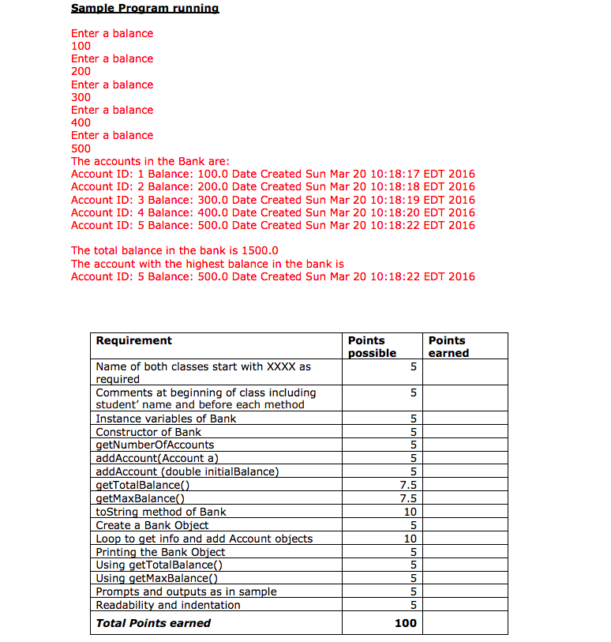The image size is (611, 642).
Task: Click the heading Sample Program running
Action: (145, 8)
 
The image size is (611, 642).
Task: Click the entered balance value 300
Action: (81, 97)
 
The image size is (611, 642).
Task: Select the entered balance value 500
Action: (81, 148)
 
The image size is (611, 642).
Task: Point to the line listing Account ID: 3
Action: (272, 200)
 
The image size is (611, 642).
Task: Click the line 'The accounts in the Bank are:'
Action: (150, 161)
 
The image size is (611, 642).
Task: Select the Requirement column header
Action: (133, 340)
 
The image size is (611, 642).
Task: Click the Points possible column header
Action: (372, 347)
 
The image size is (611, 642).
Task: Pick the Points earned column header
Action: (448, 347)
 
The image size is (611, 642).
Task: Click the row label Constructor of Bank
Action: (148, 432)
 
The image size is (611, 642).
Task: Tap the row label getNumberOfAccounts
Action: (155, 445)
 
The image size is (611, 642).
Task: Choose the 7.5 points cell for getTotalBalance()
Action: (407, 485)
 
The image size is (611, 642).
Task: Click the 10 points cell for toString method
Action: (409, 512)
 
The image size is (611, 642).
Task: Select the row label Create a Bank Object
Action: (152, 525)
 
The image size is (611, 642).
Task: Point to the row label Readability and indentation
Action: (168, 605)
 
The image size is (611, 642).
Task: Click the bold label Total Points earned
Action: (153, 623)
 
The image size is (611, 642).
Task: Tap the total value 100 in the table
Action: (405, 623)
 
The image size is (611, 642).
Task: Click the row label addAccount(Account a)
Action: (156, 458)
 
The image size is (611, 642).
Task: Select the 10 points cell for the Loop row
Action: (409, 539)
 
